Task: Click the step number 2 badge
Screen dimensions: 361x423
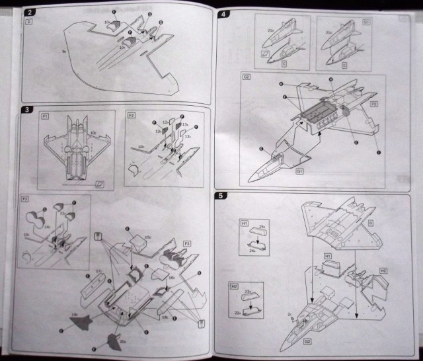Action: coord(28,12)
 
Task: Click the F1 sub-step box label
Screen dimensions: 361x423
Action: coord(45,117)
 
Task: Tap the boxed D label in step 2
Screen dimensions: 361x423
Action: coord(29,21)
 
